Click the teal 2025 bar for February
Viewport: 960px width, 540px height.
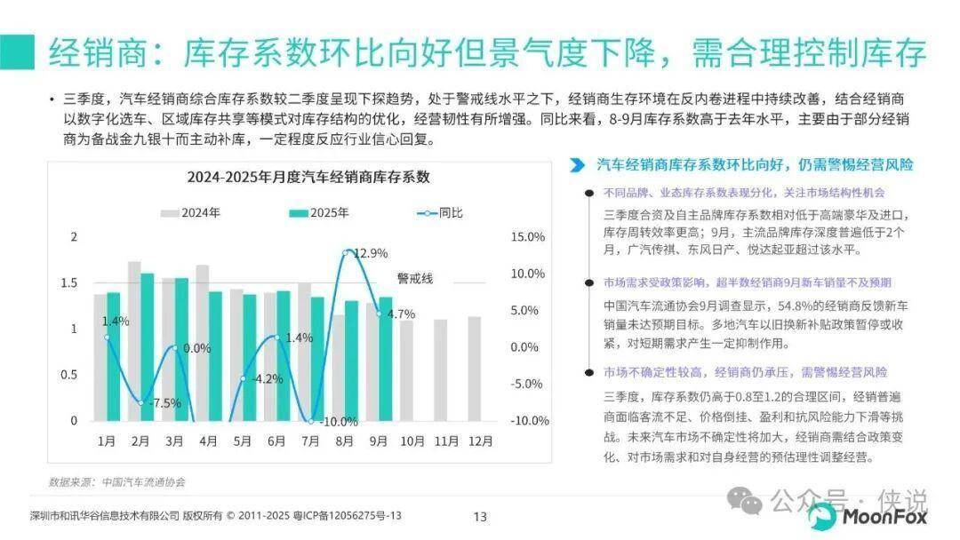pyautogui.click(x=148, y=346)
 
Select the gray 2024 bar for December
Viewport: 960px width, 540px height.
pyautogui.click(x=474, y=369)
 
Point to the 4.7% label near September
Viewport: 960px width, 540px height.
pyautogui.click(x=401, y=314)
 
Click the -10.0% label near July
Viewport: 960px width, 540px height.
pyautogui.click(x=339, y=422)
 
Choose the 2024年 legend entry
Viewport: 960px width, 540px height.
pyautogui.click(x=190, y=213)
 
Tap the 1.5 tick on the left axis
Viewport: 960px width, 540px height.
pyautogui.click(x=68, y=283)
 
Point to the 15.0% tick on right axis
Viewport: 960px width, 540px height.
pyautogui.click(x=528, y=237)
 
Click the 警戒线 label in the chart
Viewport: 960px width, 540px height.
pyautogui.click(x=415, y=279)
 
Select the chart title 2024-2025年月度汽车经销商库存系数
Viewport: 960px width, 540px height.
pyautogui.click(x=308, y=177)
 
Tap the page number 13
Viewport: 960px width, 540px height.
pyautogui.click(x=480, y=516)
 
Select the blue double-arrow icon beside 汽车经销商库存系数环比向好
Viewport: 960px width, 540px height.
pyautogui.click(x=577, y=165)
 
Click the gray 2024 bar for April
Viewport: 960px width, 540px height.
pyautogui.click(x=203, y=343)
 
